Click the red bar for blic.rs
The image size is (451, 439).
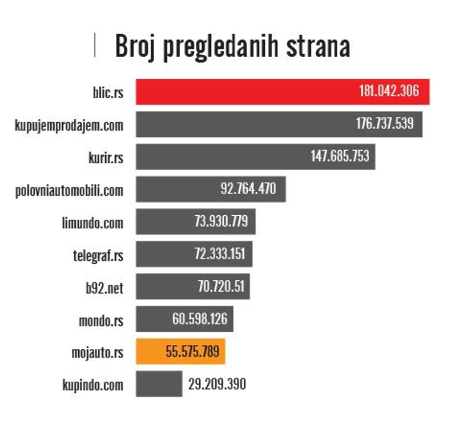coord(245,92)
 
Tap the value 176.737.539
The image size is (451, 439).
coord(385,124)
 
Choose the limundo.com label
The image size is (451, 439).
coord(92,222)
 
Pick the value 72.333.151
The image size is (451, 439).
coord(220,254)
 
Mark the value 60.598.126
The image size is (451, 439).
coord(199,319)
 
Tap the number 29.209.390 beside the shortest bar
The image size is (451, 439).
coord(217,384)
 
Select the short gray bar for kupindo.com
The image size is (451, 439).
coord(159,384)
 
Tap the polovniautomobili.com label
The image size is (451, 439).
coord(69,190)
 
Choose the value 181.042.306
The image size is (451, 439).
coord(389,91)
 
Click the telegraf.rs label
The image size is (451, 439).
coord(94,255)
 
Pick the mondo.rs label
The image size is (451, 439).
coord(101,320)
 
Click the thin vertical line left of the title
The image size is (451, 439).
coord(95,46)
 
